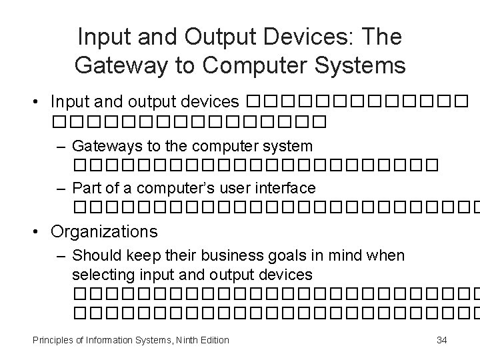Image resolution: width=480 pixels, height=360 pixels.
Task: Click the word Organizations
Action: [x=104, y=231]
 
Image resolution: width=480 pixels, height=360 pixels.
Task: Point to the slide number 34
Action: [x=441, y=340]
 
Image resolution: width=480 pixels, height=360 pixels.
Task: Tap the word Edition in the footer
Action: [x=213, y=340]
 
